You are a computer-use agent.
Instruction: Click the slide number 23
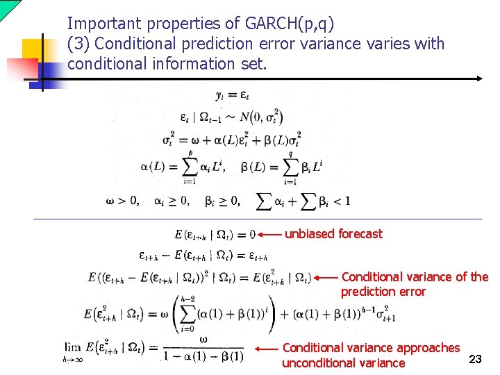[476, 358]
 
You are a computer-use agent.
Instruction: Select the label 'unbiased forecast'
[333, 234]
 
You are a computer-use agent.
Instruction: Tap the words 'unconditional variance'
[343, 363]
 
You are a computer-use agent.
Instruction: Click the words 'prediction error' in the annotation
[383, 292]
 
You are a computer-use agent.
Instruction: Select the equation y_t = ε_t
[232, 96]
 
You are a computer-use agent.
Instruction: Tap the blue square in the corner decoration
[51, 72]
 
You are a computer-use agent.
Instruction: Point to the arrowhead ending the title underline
[480, 78]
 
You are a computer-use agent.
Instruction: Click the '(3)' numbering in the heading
[78, 44]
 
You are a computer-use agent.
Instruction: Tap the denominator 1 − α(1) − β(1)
[203, 357]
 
